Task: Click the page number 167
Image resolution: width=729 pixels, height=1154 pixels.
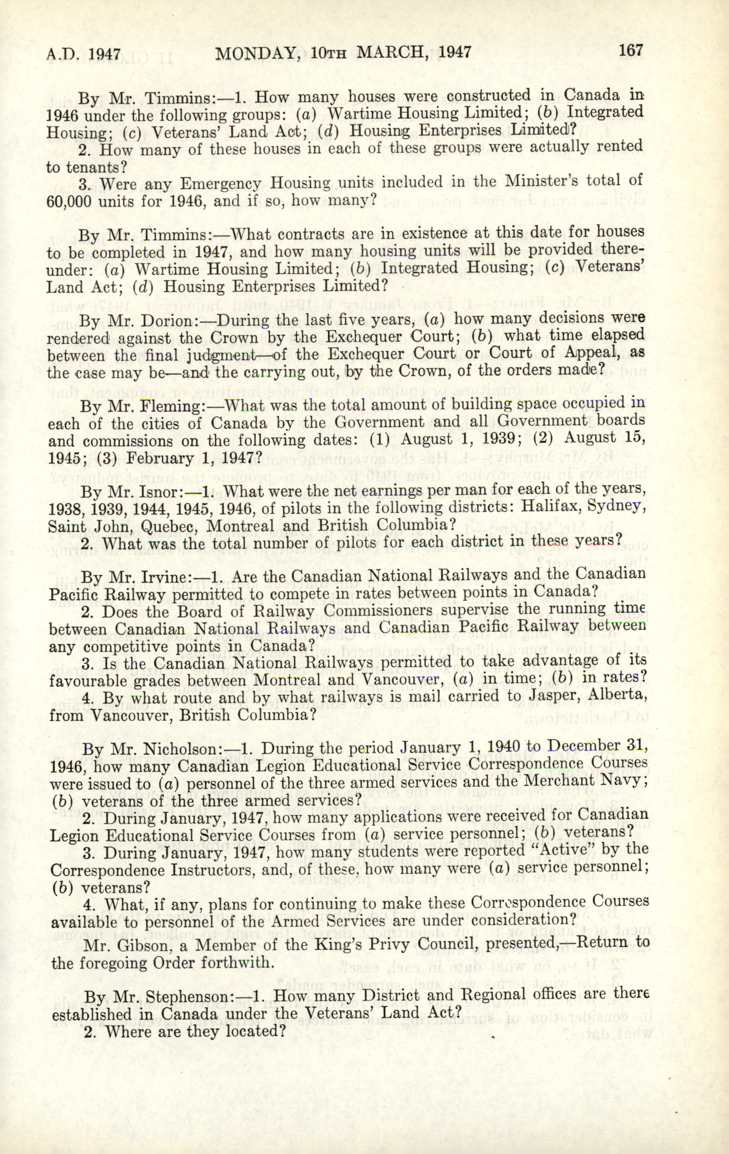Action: pos(630,50)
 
